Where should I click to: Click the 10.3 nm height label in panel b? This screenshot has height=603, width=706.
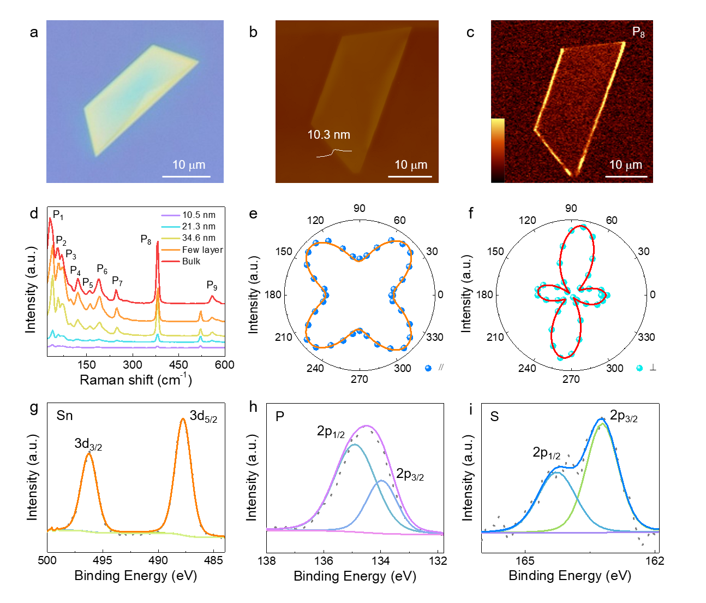click(x=328, y=135)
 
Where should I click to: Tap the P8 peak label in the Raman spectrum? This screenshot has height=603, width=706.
click(x=146, y=240)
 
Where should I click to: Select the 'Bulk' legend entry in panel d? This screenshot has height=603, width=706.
click(x=191, y=261)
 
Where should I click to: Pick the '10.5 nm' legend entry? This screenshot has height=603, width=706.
click(x=199, y=215)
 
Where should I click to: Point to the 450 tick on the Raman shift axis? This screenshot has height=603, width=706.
click(x=178, y=365)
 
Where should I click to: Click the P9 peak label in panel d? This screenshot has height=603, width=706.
click(x=212, y=285)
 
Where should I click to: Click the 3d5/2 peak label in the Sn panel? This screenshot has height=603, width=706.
click(x=204, y=416)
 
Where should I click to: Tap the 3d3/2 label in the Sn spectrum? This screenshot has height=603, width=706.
click(x=88, y=444)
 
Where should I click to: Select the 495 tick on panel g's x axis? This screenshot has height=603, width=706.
click(x=103, y=560)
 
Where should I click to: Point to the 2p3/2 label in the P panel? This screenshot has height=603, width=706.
click(x=410, y=474)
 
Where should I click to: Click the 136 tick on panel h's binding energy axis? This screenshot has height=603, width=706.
click(x=324, y=561)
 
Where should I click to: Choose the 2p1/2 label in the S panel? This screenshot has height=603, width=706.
click(x=546, y=453)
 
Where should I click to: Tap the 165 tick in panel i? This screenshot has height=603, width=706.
click(x=525, y=561)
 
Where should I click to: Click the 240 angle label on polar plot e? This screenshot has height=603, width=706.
click(x=315, y=368)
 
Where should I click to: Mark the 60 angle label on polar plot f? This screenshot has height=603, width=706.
click(x=612, y=220)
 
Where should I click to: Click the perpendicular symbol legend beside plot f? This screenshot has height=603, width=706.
click(x=653, y=368)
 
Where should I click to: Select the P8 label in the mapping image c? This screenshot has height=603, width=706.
click(x=638, y=32)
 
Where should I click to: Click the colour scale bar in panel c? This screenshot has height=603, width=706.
click(x=498, y=150)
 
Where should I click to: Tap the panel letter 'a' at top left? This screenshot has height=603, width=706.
click(x=34, y=32)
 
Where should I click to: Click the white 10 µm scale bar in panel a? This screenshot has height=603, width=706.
click(x=187, y=176)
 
